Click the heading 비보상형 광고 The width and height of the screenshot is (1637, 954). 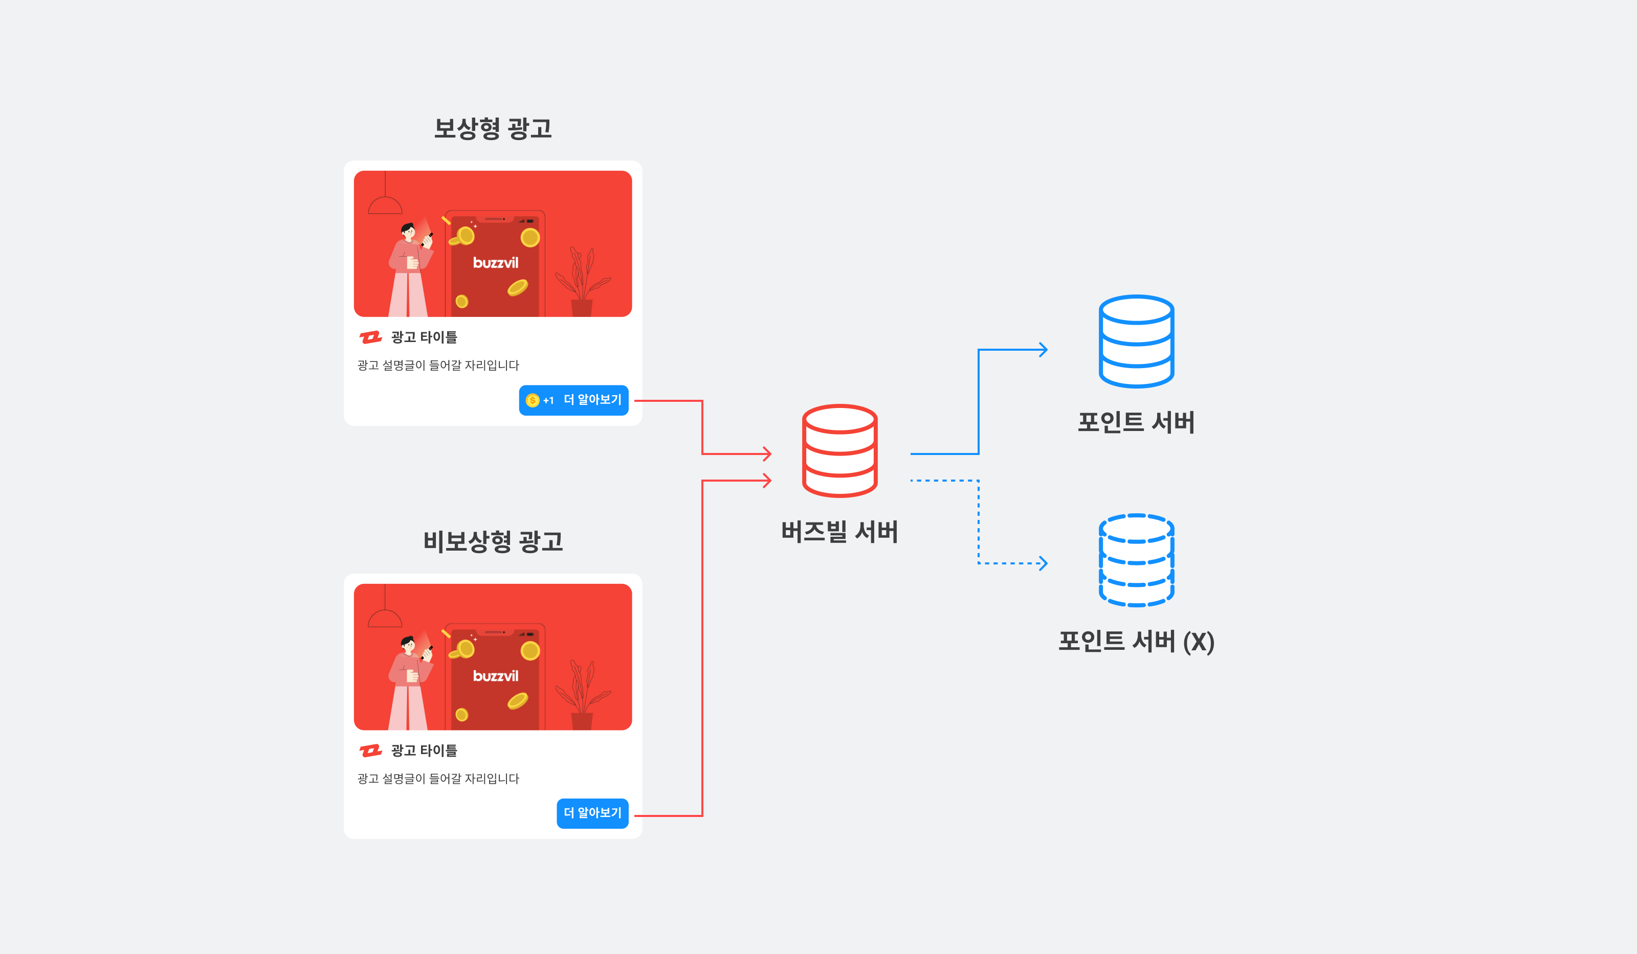tap(493, 541)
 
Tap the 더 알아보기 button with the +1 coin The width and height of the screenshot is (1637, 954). tap(573, 400)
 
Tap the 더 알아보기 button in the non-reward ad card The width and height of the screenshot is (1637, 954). tap(592, 813)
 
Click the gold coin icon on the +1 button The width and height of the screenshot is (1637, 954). tap(533, 400)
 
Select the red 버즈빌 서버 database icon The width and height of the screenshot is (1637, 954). tap(839, 451)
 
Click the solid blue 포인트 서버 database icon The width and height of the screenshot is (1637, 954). tap(1136, 342)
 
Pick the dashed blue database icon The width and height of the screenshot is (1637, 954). tap(1136, 560)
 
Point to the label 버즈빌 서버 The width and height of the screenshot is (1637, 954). tap(839, 532)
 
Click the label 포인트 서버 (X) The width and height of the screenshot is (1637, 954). tap(1136, 642)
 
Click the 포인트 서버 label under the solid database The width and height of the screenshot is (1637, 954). tap(1136, 423)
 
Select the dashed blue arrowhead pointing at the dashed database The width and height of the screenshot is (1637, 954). tap(1042, 563)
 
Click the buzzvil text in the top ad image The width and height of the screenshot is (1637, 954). tap(496, 263)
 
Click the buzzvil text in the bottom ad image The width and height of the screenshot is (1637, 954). tap(496, 676)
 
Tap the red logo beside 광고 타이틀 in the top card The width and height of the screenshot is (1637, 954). tap(371, 337)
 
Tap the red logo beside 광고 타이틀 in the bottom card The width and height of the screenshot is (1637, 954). tap(371, 751)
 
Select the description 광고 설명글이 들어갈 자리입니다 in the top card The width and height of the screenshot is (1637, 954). tap(438, 366)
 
